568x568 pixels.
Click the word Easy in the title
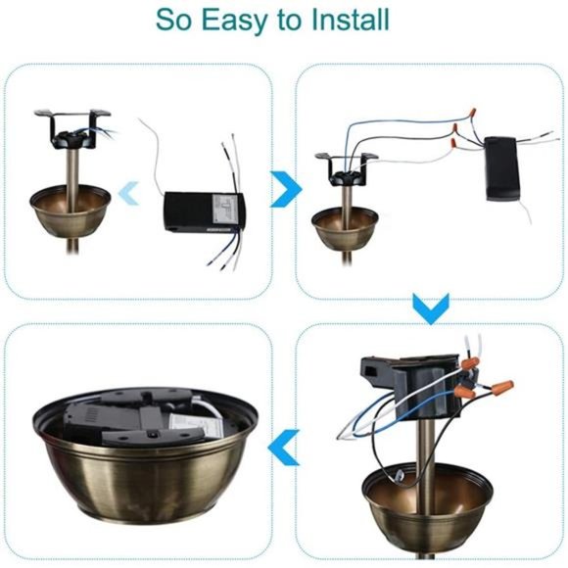pos(233,21)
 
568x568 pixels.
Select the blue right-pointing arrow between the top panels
pos(284,189)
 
